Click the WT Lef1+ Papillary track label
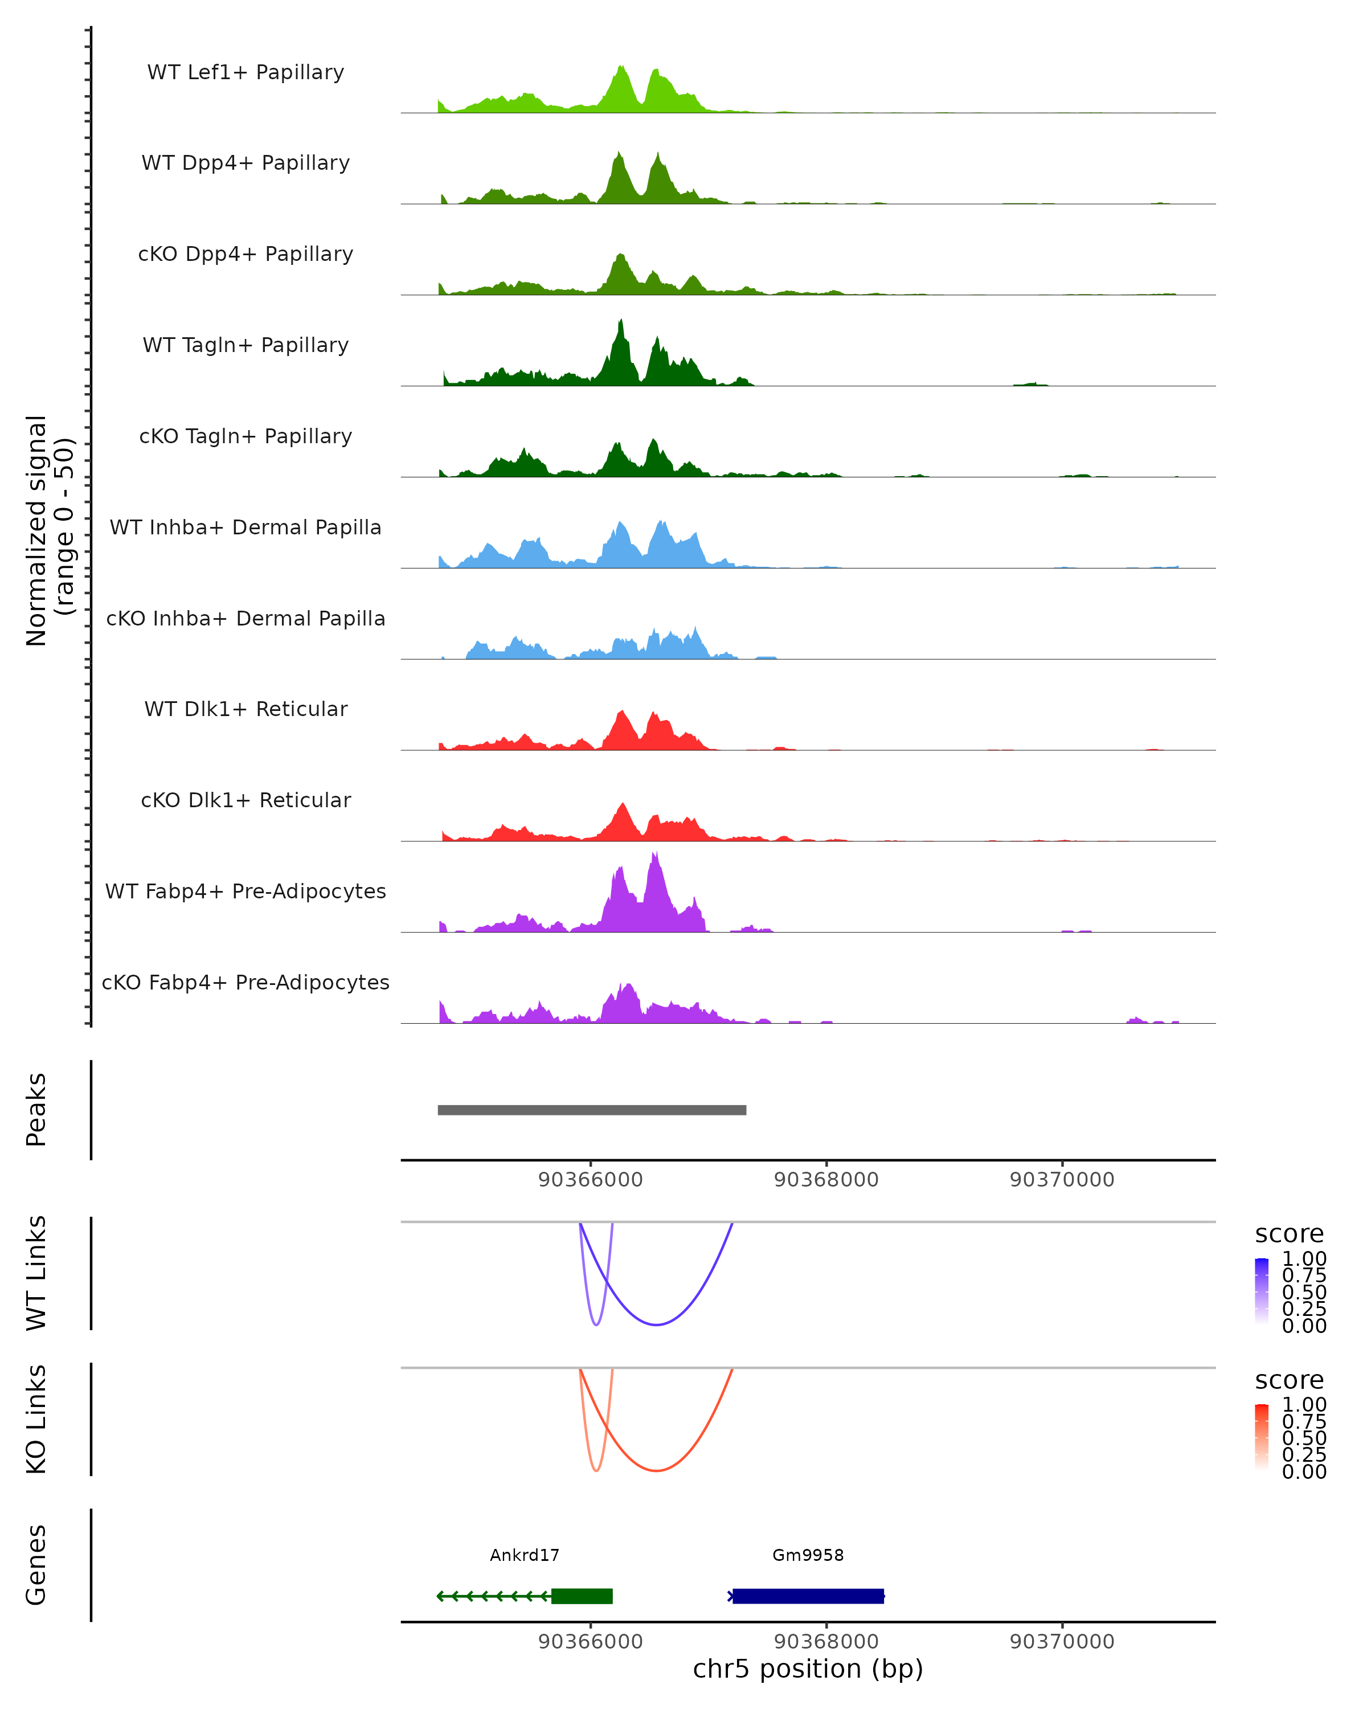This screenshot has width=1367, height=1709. click(x=245, y=72)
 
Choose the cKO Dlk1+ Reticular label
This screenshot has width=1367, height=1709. click(x=245, y=800)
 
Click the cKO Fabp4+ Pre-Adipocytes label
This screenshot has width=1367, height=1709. click(x=245, y=982)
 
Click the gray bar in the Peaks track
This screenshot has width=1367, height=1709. click(x=592, y=1110)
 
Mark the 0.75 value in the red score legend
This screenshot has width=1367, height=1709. click(x=1304, y=1421)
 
